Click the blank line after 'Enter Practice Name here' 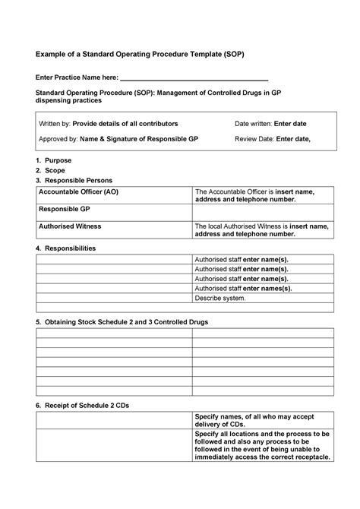[x=195, y=80]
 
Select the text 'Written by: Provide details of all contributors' [x=108, y=123]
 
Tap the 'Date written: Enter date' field [x=270, y=123]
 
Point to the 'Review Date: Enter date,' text [x=273, y=140]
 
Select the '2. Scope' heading [x=50, y=171]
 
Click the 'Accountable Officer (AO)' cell [x=79, y=192]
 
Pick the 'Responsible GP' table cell [x=65, y=208]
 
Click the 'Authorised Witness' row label [x=70, y=226]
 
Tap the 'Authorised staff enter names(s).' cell [x=243, y=289]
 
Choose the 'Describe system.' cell [x=221, y=298]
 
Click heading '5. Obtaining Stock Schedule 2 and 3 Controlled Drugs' [x=122, y=322]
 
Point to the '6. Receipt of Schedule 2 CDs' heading [x=83, y=406]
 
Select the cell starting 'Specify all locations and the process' [x=262, y=445]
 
